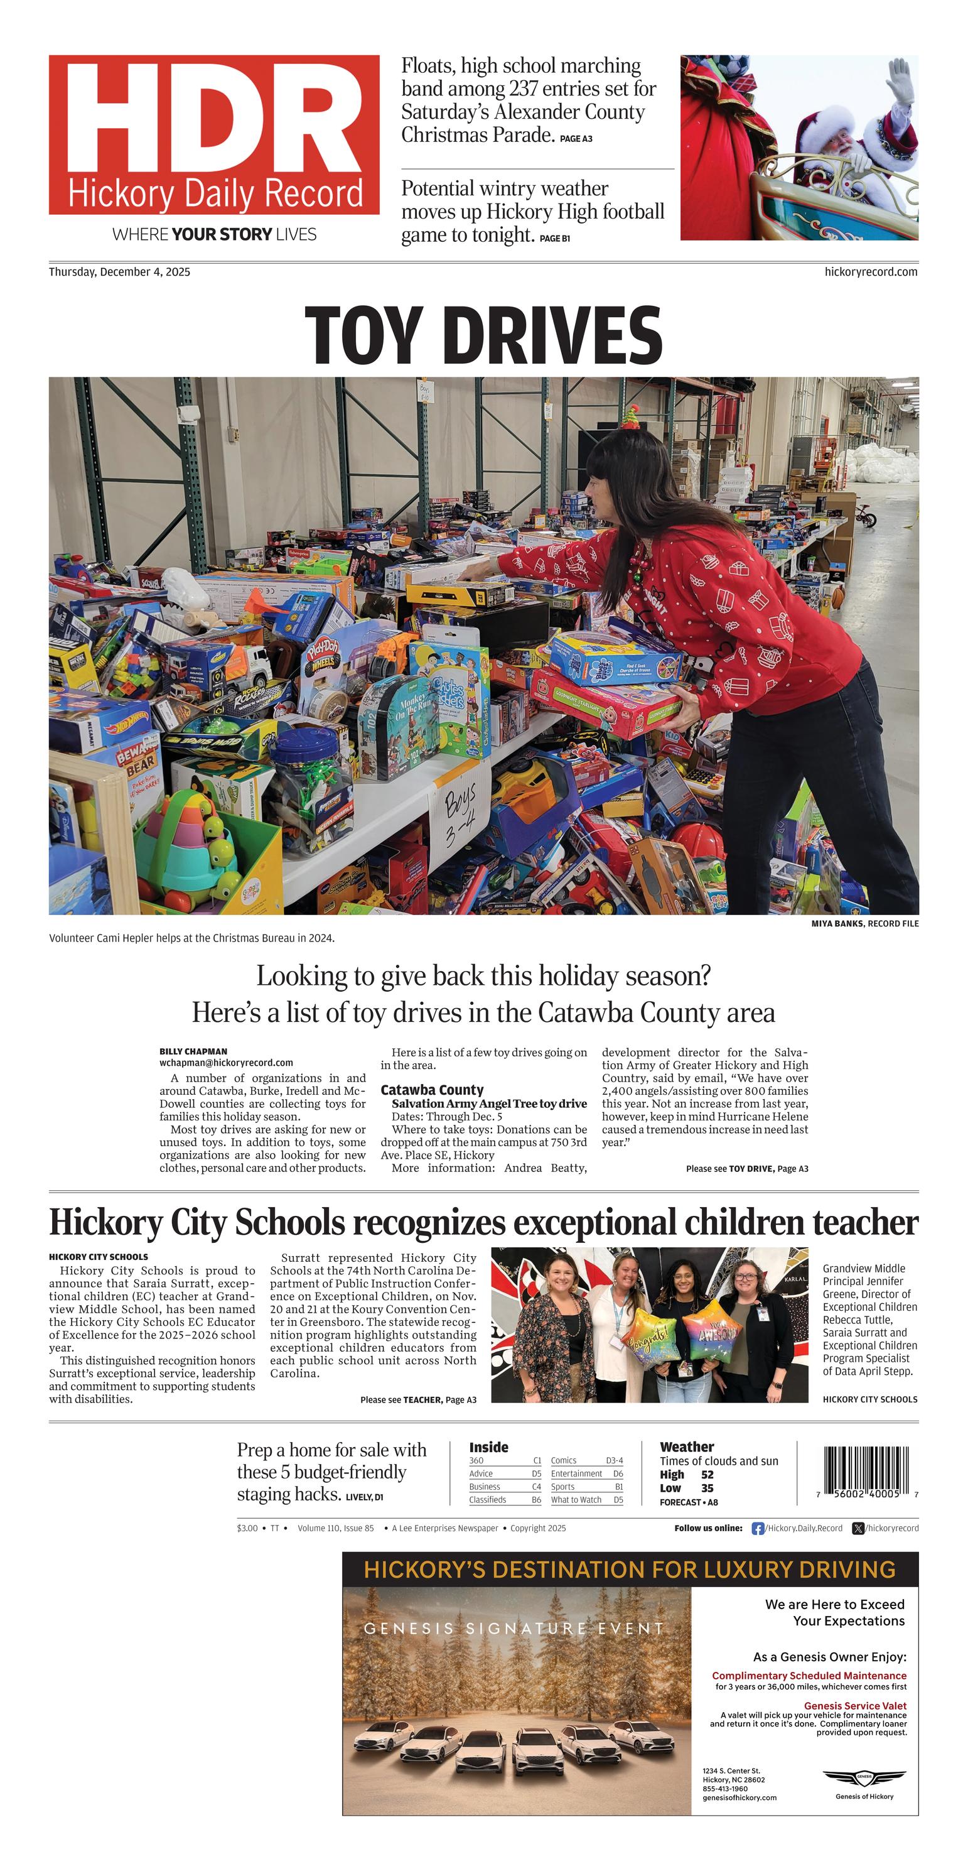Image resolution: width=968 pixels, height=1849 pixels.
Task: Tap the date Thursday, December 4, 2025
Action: (119, 272)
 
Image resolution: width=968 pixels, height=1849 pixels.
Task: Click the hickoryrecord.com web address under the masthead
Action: (871, 272)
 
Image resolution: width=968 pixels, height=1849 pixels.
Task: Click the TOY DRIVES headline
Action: (483, 335)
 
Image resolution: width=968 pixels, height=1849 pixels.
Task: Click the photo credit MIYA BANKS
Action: (837, 924)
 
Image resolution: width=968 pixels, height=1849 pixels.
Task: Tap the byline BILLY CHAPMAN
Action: (193, 1051)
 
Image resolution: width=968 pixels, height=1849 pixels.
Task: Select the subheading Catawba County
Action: (432, 1090)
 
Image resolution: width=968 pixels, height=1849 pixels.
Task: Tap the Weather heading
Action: (687, 1447)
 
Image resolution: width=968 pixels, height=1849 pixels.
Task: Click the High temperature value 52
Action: (707, 1474)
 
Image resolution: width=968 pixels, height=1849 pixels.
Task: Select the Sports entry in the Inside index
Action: (562, 1487)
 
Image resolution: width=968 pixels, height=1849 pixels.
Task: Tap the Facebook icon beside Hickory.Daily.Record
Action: (757, 1528)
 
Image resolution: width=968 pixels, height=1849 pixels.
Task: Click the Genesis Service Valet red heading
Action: (854, 1705)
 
